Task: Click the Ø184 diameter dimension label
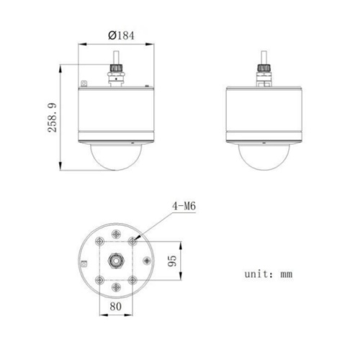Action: (121, 35)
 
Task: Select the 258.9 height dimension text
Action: (52, 117)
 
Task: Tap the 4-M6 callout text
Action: (184, 206)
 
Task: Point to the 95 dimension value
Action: (172, 261)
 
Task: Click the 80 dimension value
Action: (116, 306)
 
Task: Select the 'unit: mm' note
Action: (269, 274)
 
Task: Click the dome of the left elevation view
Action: (116, 157)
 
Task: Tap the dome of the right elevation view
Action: (264, 157)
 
